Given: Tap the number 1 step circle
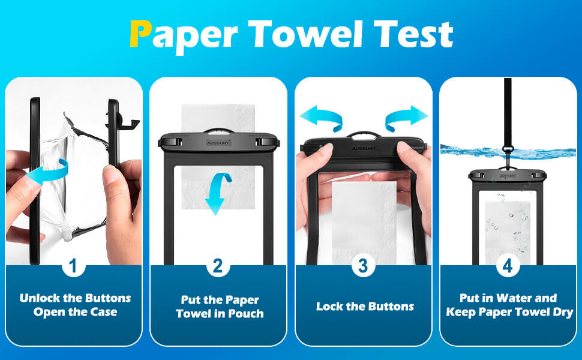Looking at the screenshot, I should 73,266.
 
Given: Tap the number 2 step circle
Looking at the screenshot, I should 218,266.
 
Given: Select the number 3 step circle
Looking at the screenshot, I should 362,266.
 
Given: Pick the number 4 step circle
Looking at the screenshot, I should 508,266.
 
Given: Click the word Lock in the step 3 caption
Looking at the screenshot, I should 329,307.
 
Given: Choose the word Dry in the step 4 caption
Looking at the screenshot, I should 560,312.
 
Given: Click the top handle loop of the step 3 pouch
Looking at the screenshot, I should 365,134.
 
